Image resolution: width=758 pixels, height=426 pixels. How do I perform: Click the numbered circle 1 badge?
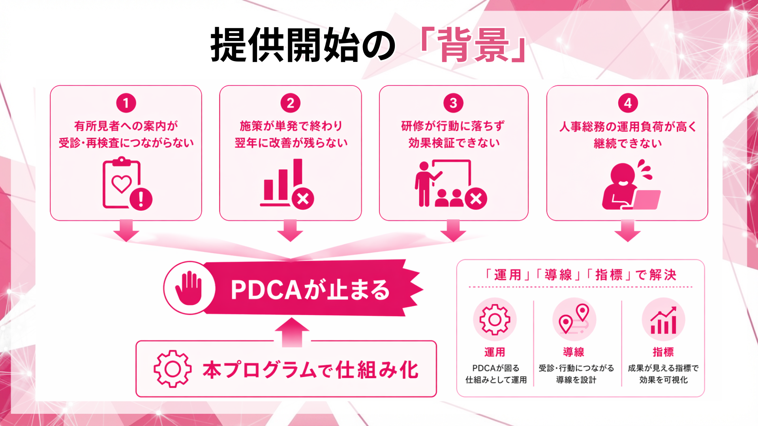(126, 103)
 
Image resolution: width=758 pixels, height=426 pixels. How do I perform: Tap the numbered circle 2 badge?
(290, 103)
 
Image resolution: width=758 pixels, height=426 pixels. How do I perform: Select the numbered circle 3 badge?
(453, 103)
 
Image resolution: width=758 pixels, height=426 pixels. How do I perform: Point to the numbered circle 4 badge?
(628, 103)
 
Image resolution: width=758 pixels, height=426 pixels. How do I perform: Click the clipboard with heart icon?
(122, 183)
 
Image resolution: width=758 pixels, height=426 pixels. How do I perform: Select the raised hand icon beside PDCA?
(189, 288)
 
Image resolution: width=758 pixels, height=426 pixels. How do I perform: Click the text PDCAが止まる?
(310, 290)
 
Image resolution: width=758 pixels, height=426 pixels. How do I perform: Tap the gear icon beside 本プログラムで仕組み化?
(173, 369)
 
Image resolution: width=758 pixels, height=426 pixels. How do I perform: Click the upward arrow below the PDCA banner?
(291, 331)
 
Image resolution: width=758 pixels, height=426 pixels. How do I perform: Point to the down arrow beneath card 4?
(627, 231)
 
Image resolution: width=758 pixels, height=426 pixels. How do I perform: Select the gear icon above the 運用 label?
(495, 319)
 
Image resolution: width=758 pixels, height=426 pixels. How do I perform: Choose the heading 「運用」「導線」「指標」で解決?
(580, 275)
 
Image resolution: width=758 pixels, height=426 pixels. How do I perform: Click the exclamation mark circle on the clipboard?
(141, 199)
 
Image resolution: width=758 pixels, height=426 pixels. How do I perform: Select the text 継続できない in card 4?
(628, 143)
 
